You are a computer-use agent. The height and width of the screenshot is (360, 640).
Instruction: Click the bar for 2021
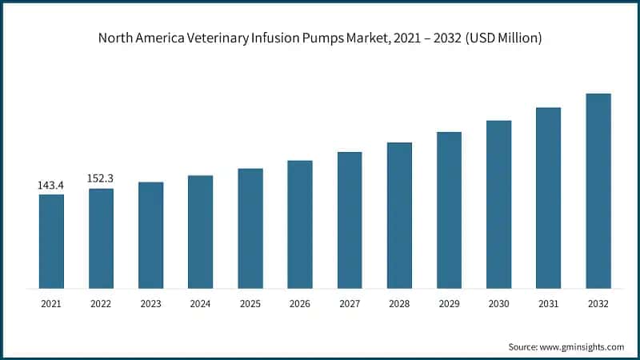(x=51, y=241)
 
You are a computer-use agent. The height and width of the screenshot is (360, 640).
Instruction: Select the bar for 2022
(x=101, y=238)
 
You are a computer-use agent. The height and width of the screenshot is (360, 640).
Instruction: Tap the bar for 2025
(x=250, y=228)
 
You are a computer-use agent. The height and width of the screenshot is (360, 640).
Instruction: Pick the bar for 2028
(x=399, y=215)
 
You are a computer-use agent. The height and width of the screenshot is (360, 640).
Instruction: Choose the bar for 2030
(x=498, y=204)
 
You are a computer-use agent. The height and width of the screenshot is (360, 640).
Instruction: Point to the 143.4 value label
(x=51, y=186)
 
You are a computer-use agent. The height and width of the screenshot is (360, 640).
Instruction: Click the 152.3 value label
(x=101, y=179)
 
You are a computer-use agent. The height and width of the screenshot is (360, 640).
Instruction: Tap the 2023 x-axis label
(x=150, y=304)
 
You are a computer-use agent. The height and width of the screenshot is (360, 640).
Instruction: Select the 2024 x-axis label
(x=200, y=304)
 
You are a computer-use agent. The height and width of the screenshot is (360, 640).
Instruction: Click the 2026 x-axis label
(x=300, y=304)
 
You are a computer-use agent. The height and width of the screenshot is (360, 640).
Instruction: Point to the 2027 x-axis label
(x=350, y=304)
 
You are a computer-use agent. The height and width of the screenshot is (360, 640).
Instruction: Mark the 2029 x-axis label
(x=449, y=304)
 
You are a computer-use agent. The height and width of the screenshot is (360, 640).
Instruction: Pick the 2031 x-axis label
(x=548, y=304)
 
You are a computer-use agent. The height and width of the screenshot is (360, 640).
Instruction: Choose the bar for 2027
(x=350, y=220)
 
